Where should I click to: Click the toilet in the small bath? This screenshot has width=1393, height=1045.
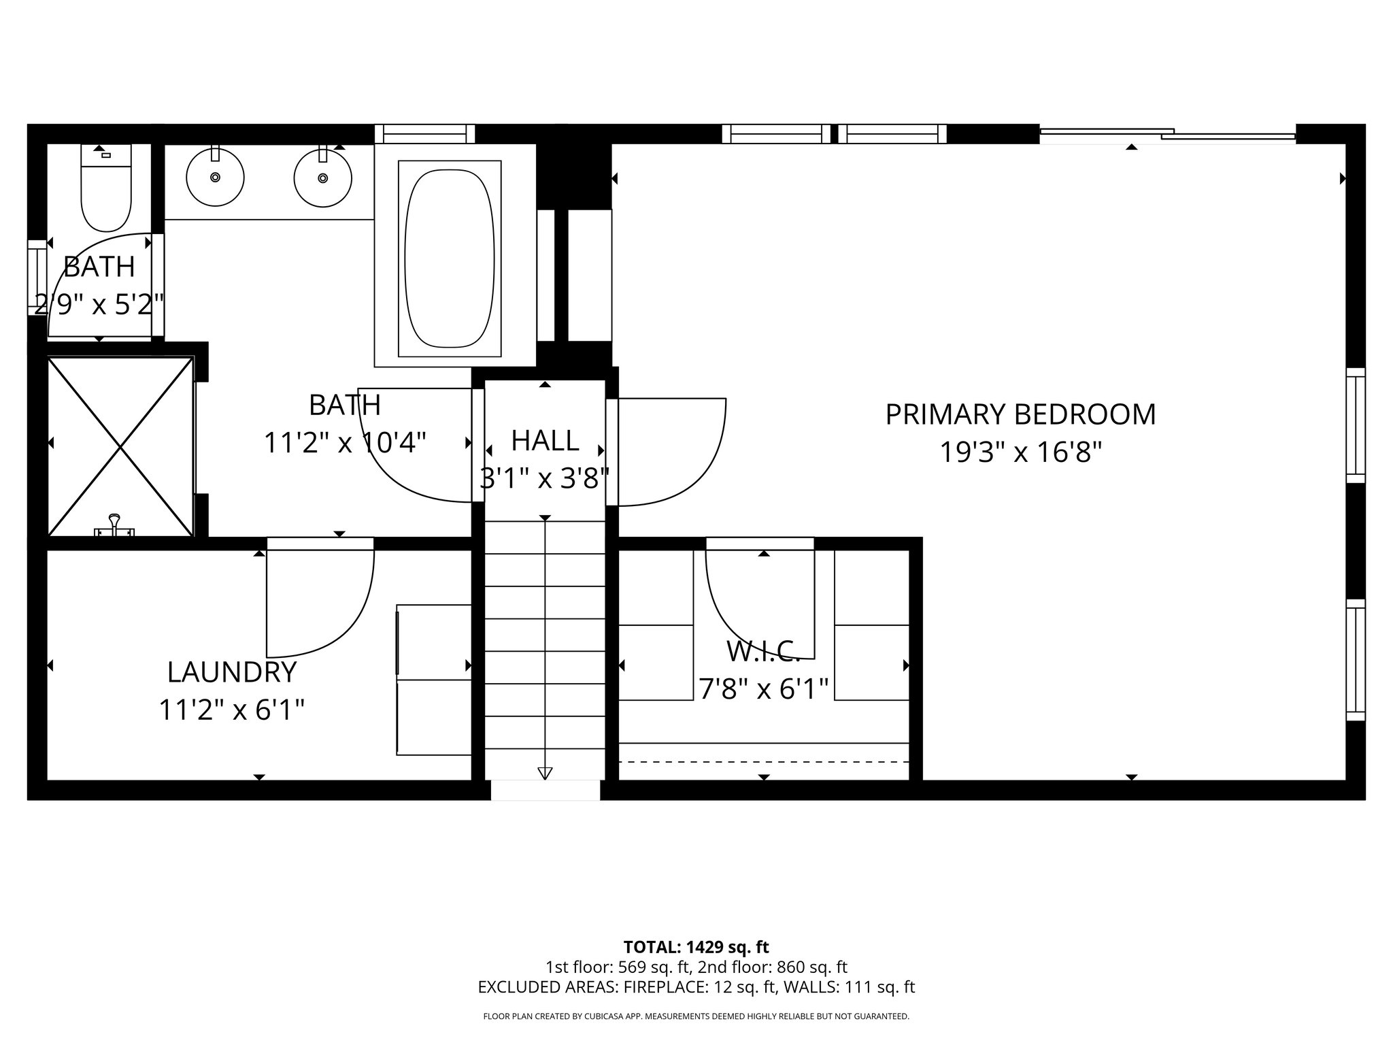(x=105, y=194)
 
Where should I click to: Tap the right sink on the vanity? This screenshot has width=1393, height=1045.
(x=322, y=178)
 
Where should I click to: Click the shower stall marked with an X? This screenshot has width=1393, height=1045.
(x=120, y=446)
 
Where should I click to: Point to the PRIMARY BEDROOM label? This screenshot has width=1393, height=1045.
(x=1020, y=414)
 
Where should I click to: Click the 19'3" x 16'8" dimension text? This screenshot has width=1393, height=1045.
(x=1020, y=452)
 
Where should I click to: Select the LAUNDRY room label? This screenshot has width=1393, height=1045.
(x=232, y=672)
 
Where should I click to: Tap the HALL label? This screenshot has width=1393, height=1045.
(x=545, y=440)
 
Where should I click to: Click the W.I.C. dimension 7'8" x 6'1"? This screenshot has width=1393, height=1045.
(x=764, y=690)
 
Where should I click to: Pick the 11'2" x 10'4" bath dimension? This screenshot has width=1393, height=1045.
(x=345, y=443)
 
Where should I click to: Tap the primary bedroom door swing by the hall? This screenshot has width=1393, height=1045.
(x=670, y=452)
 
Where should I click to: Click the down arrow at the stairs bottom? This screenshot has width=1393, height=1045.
(x=545, y=773)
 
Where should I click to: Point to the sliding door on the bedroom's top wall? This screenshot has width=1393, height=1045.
(x=1167, y=135)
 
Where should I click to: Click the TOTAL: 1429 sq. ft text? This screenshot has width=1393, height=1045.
(x=696, y=947)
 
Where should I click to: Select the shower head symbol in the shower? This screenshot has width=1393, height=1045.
(x=114, y=525)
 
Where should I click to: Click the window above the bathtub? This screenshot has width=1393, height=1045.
(x=424, y=134)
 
